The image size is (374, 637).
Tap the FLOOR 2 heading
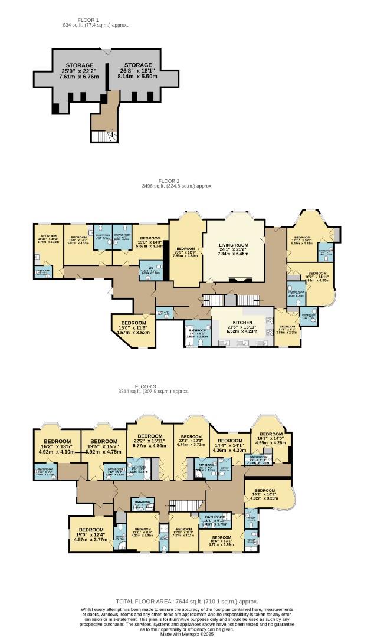(169, 180)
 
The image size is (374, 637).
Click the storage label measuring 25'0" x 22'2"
(79, 71)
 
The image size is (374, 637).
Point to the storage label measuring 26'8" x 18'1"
(134, 71)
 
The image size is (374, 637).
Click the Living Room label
(234, 248)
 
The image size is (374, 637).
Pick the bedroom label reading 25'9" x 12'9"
(185, 252)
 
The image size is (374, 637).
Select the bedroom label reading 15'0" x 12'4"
(90, 534)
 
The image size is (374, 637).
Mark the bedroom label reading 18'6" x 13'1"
(221, 541)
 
